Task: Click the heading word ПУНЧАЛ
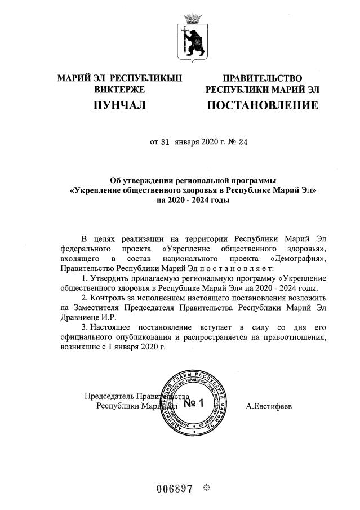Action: (x=119, y=105)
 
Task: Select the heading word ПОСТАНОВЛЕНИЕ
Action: (x=263, y=105)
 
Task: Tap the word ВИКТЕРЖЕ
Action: (x=119, y=89)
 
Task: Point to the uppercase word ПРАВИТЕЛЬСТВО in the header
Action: (x=263, y=78)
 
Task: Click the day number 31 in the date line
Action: (x=165, y=142)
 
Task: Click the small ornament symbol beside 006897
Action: (x=206, y=487)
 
